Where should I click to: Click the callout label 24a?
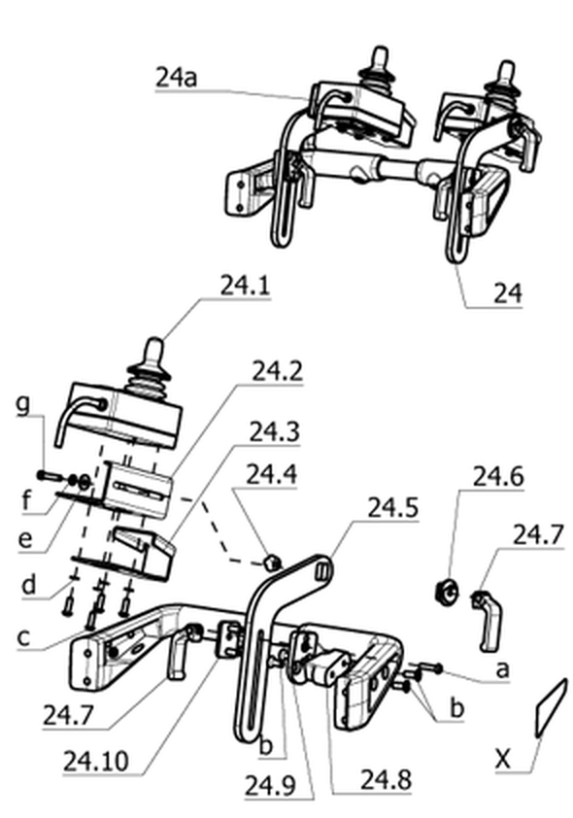(176, 79)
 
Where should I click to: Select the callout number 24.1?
(245, 286)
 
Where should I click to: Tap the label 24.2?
(277, 371)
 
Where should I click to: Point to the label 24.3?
(274, 432)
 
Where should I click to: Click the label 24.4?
(271, 474)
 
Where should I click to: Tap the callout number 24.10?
(96, 762)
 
